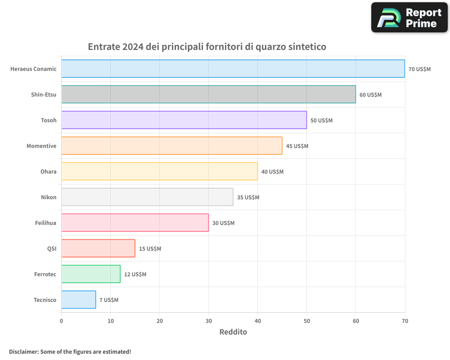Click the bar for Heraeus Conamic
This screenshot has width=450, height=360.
point(233,69)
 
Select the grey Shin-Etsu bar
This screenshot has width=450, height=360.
point(208,94)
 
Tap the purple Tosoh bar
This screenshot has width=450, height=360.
point(184,120)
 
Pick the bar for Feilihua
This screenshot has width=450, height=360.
point(135,223)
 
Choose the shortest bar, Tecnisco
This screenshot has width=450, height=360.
point(79,300)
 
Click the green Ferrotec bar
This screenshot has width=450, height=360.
point(91,274)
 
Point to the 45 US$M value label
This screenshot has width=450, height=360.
point(297,146)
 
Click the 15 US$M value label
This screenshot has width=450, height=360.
point(150,248)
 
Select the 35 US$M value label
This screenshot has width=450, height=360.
point(248,197)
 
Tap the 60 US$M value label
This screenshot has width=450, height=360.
point(370,94)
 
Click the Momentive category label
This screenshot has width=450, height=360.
point(41,146)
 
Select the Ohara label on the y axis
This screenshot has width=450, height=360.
point(49,171)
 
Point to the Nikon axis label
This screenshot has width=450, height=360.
point(49,197)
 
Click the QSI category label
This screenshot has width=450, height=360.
point(52,248)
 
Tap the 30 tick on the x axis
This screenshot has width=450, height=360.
point(209,321)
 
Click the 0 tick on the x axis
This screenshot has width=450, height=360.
point(62,321)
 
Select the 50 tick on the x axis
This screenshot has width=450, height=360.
point(307,321)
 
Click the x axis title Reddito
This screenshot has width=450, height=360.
point(233,332)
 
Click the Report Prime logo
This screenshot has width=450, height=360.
point(409,18)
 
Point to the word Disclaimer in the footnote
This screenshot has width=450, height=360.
point(23,351)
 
